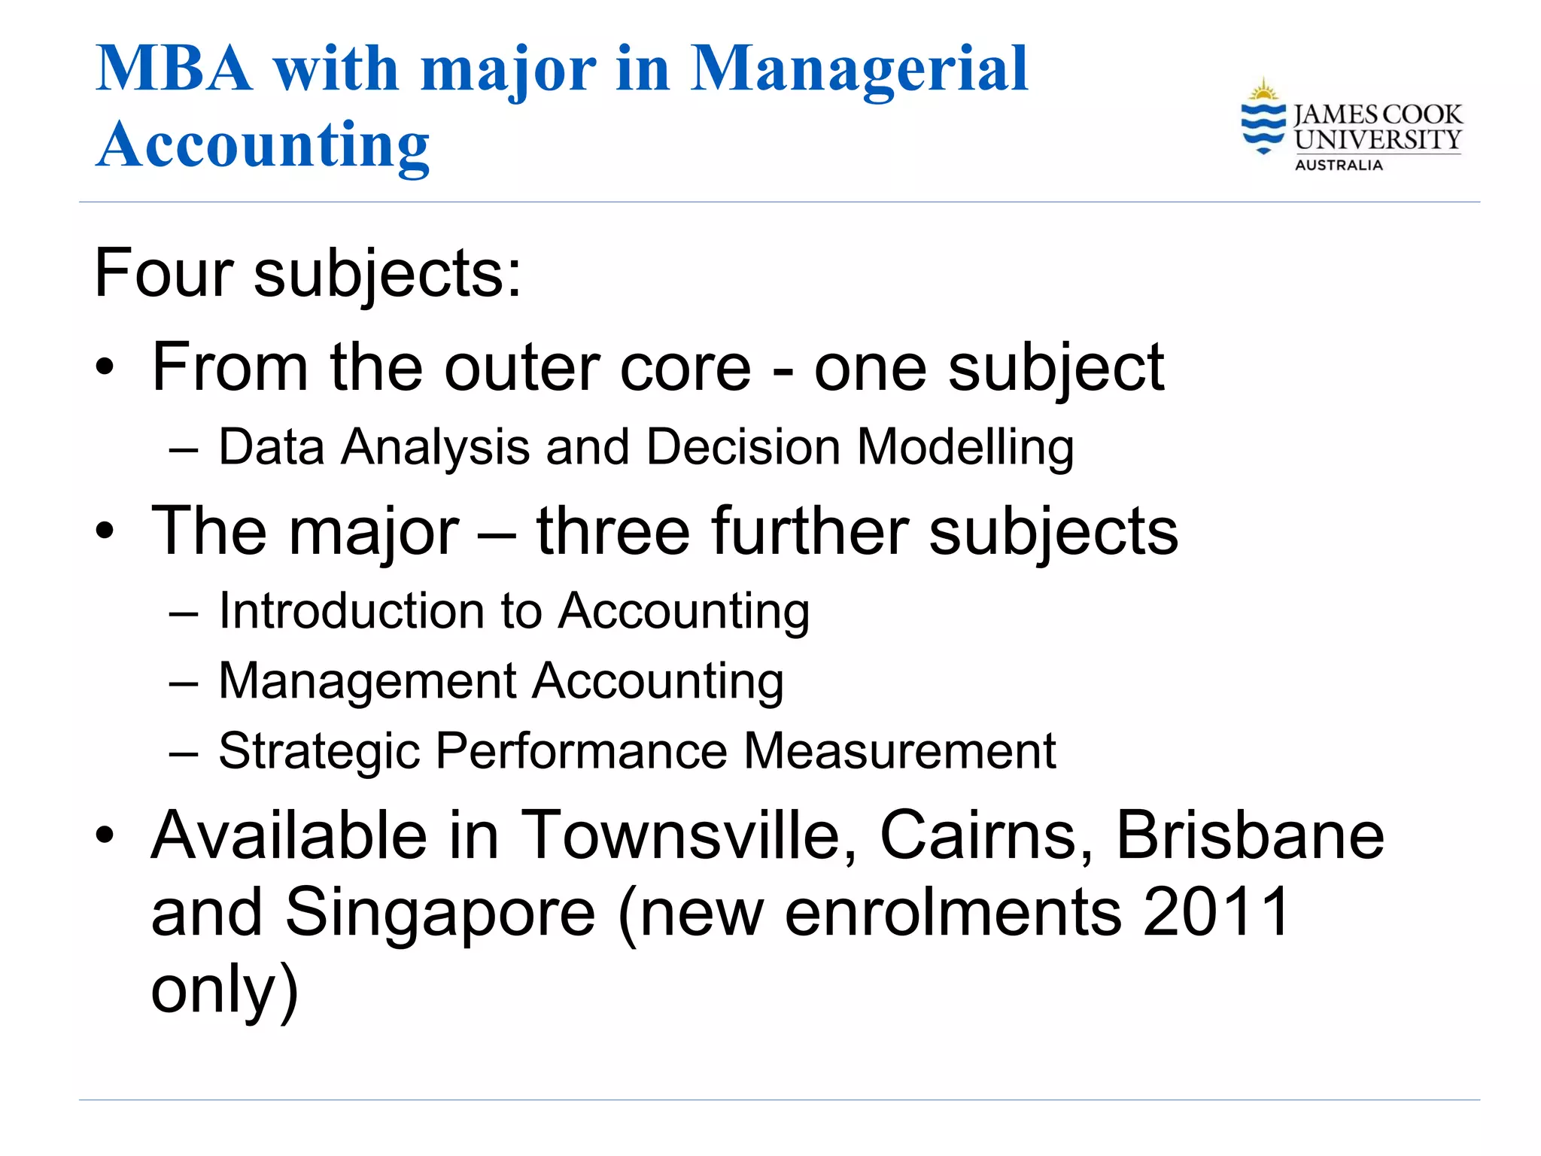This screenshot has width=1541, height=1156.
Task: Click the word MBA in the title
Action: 174,69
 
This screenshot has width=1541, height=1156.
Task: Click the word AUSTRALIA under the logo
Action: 1339,165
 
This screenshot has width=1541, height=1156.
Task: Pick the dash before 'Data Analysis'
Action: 184,451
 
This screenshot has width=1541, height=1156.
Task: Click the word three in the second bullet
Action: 612,531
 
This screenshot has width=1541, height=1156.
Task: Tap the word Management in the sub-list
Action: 367,681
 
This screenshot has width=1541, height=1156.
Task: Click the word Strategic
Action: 318,751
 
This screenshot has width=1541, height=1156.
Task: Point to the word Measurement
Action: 900,751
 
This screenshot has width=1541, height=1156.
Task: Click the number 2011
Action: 1216,912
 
